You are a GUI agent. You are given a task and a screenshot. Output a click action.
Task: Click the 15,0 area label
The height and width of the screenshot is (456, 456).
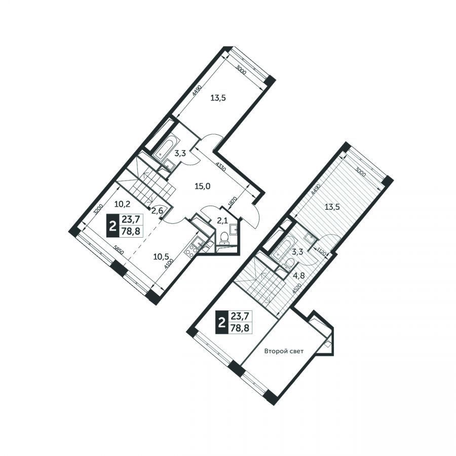pos(202,186)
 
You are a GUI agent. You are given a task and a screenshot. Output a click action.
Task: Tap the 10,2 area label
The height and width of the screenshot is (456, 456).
pos(122,204)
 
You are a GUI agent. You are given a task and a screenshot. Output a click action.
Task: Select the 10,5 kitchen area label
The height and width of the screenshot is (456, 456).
pos(162,256)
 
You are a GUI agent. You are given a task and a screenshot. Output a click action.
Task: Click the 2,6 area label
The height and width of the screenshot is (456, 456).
pos(158,211)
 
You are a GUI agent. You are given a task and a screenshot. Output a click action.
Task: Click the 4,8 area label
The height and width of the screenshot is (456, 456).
pos(299,276)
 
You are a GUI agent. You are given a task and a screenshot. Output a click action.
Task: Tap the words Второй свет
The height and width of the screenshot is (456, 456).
pos(284,351)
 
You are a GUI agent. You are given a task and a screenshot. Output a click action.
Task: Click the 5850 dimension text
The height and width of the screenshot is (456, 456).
pos(119,250)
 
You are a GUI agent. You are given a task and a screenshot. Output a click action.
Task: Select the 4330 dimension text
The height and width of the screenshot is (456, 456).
pos(221,168)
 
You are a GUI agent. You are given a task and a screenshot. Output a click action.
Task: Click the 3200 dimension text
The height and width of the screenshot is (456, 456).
pos(98,209)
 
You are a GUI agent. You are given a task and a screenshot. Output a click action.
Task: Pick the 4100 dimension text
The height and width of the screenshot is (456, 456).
pos(169,264)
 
